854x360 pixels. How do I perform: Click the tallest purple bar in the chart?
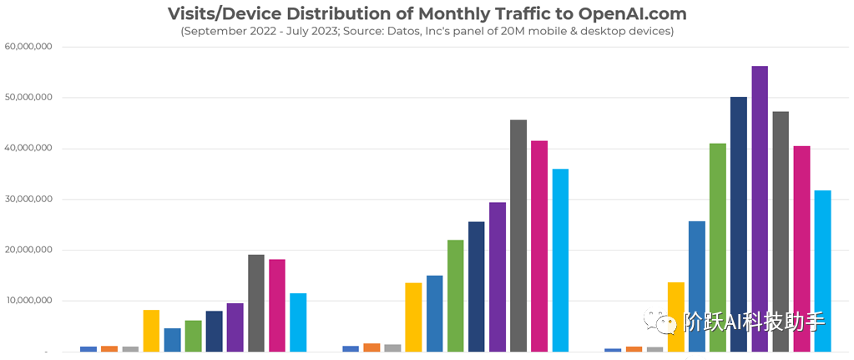[x=759, y=209]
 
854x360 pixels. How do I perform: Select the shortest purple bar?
[x=235, y=327]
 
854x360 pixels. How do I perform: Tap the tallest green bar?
[x=717, y=247]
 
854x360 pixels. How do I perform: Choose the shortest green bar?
[x=193, y=336]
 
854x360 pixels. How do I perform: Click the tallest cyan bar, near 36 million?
[x=560, y=260]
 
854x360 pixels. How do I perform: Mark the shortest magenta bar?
[x=276, y=305]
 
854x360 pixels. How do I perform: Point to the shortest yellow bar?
[x=151, y=331]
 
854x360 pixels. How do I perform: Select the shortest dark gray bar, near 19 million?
[x=255, y=302]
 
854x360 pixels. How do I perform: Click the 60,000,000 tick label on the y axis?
[x=28, y=47]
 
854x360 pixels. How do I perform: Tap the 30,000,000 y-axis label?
[x=28, y=200]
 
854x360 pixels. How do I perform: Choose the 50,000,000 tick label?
[x=28, y=98]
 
